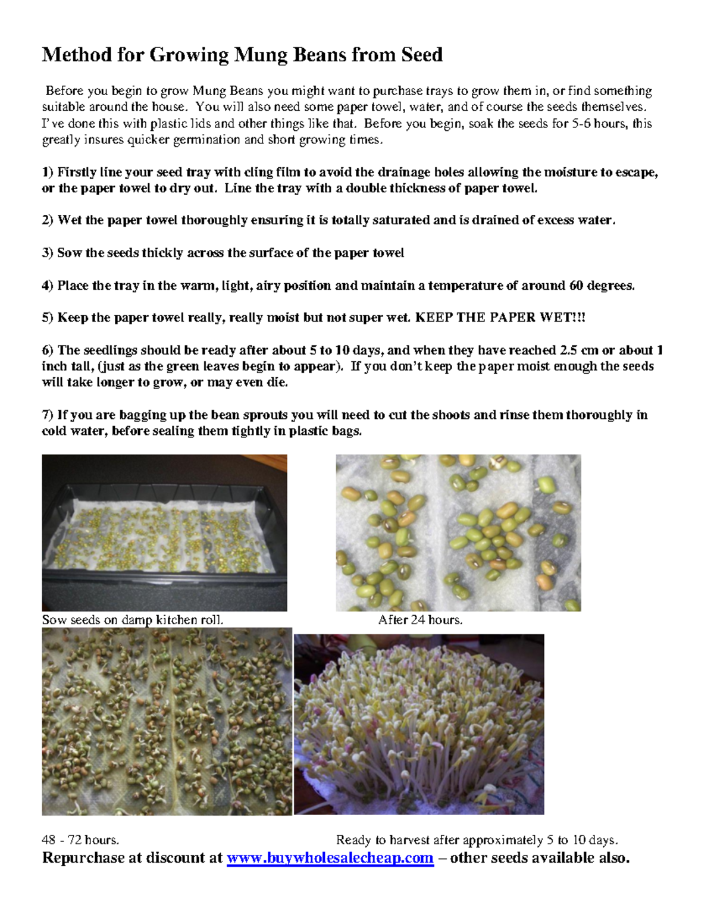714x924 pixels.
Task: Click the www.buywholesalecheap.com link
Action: pos(330,858)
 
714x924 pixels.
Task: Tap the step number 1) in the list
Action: pos(48,173)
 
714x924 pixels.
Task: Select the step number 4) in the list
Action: pos(48,286)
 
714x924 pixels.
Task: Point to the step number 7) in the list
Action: pos(48,415)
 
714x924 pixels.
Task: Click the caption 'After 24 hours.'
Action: pos(420,620)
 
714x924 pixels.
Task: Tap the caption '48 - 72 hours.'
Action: pos(80,840)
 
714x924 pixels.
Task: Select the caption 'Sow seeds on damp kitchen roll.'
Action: pos(133,620)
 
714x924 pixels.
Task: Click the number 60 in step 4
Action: pos(576,286)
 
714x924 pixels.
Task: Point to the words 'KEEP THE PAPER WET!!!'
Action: pos(500,318)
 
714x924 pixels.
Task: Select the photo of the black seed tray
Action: pos(164,533)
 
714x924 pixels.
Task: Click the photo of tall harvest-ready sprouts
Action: pos(419,724)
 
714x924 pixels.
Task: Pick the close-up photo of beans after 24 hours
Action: pos(458,533)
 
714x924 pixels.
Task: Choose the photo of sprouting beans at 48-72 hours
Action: pos(167,721)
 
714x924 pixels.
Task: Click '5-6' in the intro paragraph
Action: pos(585,124)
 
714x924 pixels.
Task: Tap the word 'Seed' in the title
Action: pos(421,55)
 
